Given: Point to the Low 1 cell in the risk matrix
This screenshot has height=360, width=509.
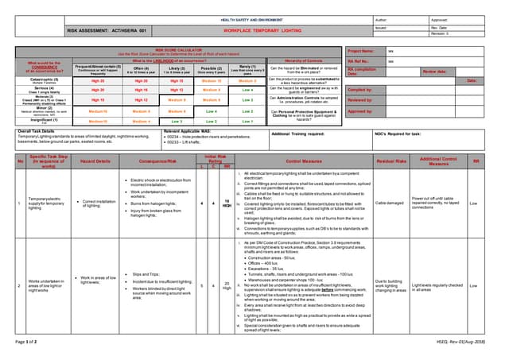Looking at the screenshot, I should coord(247,122).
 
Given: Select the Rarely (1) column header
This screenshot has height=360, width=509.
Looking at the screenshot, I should coord(247,70).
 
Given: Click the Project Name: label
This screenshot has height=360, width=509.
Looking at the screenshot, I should coord(361,50).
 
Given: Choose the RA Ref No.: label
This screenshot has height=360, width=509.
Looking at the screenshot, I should coord(359,60).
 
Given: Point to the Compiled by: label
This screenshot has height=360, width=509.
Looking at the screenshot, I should coord(362,91).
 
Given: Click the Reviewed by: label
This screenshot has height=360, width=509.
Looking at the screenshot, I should coord(362,101).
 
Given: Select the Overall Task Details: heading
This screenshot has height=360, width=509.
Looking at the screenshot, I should coord(37,130).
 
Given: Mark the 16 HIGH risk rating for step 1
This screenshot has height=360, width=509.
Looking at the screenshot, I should coord(226,203).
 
